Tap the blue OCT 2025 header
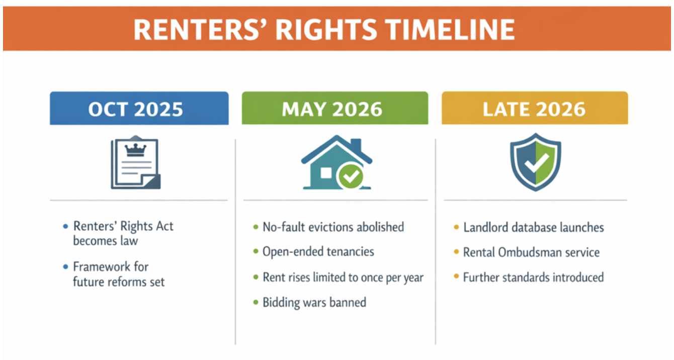(139, 108)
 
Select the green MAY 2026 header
(335, 108)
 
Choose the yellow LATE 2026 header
(535, 108)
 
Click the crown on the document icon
(135, 150)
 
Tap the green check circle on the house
(351, 176)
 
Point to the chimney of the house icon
(356, 145)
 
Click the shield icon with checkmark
(535, 162)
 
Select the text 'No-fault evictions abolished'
(333, 227)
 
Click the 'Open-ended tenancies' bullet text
(318, 251)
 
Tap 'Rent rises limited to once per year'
(343, 278)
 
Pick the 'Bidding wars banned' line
(314, 302)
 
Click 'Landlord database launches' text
(534, 227)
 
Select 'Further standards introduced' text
(534, 278)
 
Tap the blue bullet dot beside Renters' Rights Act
(65, 226)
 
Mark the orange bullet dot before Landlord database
(456, 227)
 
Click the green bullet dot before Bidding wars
(256, 302)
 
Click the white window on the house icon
(326, 173)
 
